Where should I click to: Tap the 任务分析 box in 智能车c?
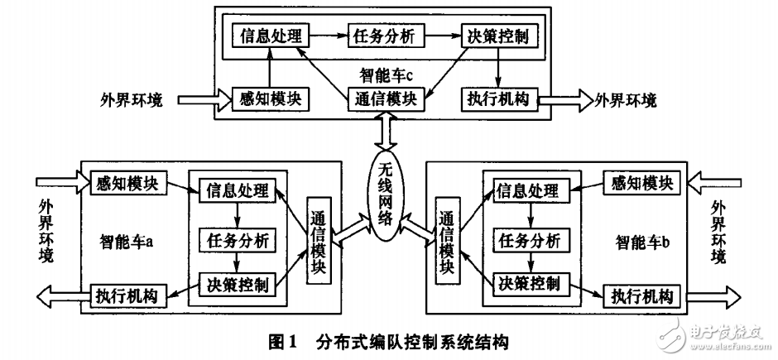coord(385,36)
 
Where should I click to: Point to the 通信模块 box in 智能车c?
coord(385,99)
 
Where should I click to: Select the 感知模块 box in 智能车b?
coord(642,181)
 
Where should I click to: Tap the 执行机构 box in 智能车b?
coord(642,294)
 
